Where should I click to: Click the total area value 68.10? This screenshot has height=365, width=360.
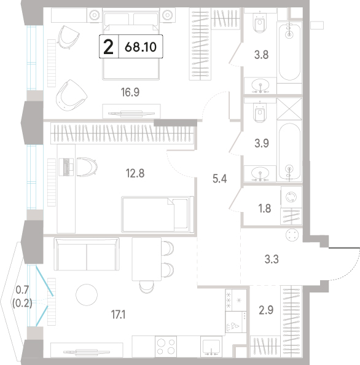click(x=141, y=47)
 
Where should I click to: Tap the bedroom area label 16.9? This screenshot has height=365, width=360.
click(x=130, y=92)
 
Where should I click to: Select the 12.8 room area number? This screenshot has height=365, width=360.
click(x=135, y=173)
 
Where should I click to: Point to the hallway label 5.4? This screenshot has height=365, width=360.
click(x=220, y=179)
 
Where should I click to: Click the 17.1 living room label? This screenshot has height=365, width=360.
click(x=118, y=315)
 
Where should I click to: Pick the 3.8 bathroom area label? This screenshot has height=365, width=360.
click(x=261, y=55)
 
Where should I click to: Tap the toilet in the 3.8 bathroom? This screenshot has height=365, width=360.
click(x=260, y=22)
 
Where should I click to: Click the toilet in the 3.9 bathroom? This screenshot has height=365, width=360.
click(x=260, y=112)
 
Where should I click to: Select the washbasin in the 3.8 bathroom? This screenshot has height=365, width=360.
click(x=260, y=85)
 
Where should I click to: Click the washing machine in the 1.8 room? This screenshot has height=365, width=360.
click(x=291, y=197)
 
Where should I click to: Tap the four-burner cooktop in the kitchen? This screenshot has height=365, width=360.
click(x=166, y=346)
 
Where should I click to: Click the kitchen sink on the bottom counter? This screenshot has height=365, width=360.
click(x=211, y=347)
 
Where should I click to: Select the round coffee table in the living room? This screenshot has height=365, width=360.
click(x=87, y=295)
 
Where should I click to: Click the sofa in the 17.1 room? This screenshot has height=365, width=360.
click(x=87, y=254)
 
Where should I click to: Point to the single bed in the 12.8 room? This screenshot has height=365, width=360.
click(x=157, y=214)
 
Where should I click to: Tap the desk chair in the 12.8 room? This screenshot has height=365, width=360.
click(x=87, y=167)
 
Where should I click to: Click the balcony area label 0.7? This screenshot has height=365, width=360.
click(x=22, y=290)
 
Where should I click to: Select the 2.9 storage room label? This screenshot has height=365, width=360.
click(x=266, y=310)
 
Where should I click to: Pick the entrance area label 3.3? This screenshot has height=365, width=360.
click(x=272, y=259)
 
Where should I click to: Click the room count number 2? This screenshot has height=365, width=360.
click(x=109, y=47)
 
